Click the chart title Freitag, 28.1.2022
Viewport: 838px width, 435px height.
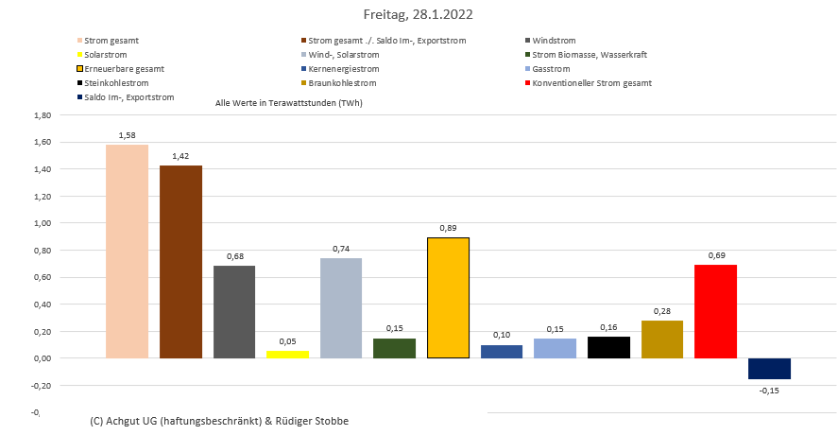419,15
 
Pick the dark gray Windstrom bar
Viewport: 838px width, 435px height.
234,312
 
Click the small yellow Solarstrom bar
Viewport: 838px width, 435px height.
287,355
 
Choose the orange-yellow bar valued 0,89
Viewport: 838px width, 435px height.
448,298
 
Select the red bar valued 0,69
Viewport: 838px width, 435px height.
715,311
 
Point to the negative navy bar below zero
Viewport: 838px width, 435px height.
769,369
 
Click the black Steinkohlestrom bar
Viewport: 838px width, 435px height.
608,347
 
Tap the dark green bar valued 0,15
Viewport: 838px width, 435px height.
394,348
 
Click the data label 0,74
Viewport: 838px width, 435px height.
341,249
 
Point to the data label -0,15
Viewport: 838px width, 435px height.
769,390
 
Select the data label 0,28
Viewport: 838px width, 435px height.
661,310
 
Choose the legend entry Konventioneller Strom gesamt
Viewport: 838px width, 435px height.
591,83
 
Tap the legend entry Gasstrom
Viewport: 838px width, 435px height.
551,69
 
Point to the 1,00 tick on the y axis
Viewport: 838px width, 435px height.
43,224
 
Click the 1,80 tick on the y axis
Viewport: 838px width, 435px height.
43,115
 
